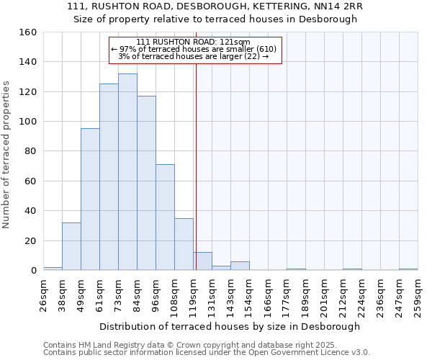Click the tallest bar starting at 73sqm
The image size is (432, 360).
pyautogui.click(x=127, y=172)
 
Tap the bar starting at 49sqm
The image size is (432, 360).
pyautogui.click(x=90, y=199)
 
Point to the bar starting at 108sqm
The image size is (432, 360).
pyautogui.click(x=184, y=244)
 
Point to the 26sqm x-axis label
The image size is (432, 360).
pyautogui.click(x=44, y=293)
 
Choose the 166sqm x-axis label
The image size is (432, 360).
pyautogui.click(x=268, y=293)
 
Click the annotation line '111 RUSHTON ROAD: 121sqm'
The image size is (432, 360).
pyautogui.click(x=193, y=42)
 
